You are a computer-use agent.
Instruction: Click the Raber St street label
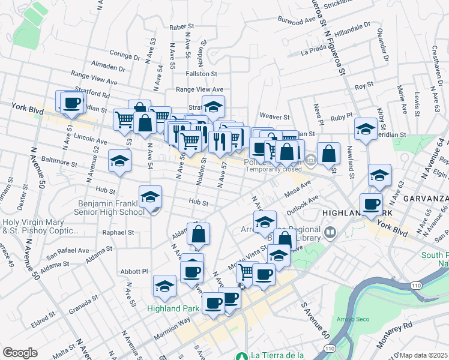click(182, 27)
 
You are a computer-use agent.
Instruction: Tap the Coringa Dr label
click(124, 55)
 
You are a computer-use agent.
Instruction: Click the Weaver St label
click(274, 116)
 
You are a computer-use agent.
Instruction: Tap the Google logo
click(20, 353)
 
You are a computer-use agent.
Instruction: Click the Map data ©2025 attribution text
click(424, 355)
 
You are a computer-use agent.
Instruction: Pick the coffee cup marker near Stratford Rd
click(72, 102)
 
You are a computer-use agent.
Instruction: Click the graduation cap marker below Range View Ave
click(213, 107)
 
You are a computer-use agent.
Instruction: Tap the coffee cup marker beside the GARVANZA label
click(371, 205)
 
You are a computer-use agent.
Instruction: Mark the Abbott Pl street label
click(134, 271)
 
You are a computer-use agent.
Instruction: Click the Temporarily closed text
click(273, 169)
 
